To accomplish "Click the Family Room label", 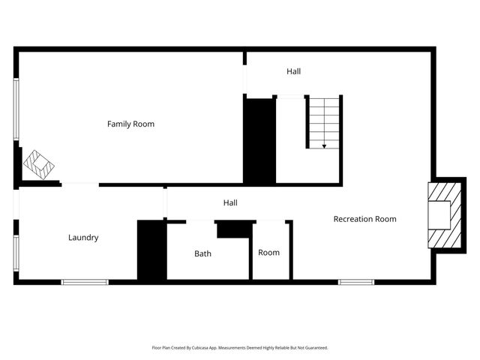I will click(x=130, y=124).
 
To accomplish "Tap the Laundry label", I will click(x=83, y=238).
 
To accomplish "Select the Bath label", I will click(x=202, y=253).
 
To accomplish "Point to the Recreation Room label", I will click(x=364, y=219).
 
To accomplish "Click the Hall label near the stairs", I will click(x=293, y=71).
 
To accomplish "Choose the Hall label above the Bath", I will click(x=230, y=202).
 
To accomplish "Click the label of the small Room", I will click(x=268, y=253).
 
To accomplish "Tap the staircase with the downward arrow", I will click(x=324, y=121).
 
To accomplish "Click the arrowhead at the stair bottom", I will click(x=324, y=146).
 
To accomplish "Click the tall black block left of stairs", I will click(x=259, y=140).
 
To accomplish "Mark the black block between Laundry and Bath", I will click(x=151, y=250).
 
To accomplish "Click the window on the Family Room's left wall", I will click(x=16, y=109).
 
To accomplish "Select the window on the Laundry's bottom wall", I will click(x=84, y=282).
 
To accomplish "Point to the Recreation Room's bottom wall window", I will click(x=355, y=282).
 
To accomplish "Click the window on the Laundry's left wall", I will click(x=16, y=253).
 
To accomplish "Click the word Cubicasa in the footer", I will click(x=199, y=348).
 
